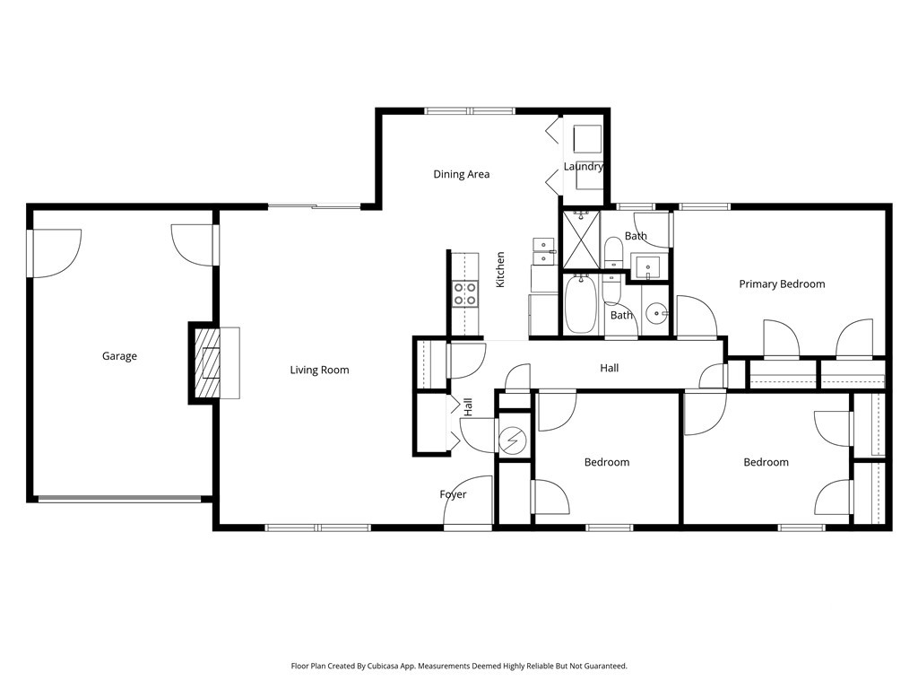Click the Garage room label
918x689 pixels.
(x=119, y=356)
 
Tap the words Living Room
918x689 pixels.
(x=320, y=371)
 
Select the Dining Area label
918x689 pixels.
(x=462, y=174)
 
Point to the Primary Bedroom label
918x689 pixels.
(x=782, y=284)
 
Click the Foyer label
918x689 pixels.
(x=453, y=494)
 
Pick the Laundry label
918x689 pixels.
(x=584, y=166)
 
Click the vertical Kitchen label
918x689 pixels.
(x=500, y=269)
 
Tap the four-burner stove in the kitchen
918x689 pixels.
(x=465, y=293)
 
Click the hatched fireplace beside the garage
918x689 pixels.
(x=205, y=363)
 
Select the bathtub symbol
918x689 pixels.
(x=581, y=304)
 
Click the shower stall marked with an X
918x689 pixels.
(x=581, y=240)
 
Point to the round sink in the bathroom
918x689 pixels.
(x=657, y=314)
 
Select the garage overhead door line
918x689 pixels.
(x=119, y=499)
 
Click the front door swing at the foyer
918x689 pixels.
(x=468, y=501)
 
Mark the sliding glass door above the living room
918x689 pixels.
(x=315, y=205)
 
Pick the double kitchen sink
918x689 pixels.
(x=544, y=251)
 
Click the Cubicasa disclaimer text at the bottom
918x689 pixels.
(x=459, y=667)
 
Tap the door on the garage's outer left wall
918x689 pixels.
(x=55, y=253)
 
